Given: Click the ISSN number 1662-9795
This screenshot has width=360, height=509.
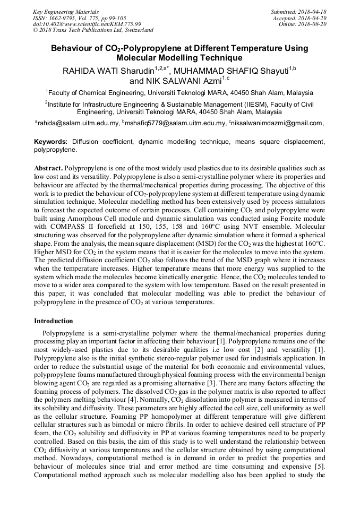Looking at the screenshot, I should pos(65,18).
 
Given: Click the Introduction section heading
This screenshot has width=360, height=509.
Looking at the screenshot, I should pos(54,321).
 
